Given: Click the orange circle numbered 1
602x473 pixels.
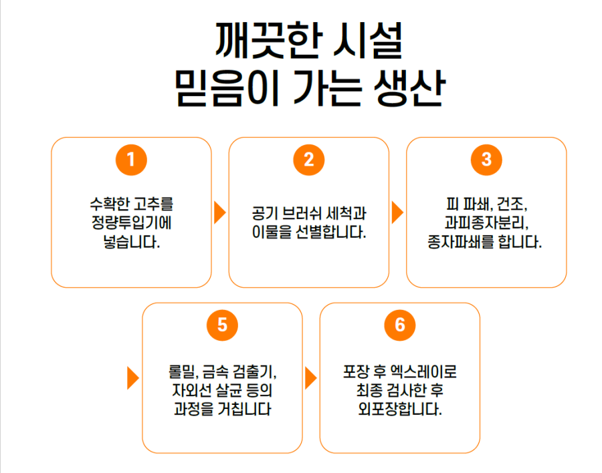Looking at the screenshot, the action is (x=131, y=160).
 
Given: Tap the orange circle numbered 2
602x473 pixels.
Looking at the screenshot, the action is (x=308, y=160).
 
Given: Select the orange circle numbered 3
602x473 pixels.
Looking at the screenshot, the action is (x=486, y=160).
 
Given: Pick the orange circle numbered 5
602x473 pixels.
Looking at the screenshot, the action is (x=222, y=325).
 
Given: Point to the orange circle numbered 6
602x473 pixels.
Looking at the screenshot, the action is (x=400, y=325).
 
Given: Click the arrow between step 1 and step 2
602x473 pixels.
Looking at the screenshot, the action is (x=220, y=212).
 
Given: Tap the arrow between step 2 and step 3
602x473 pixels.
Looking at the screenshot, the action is (x=398, y=212).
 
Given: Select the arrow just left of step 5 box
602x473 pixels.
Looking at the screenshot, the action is (x=133, y=378).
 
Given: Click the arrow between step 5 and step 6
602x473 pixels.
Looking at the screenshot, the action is (x=311, y=378).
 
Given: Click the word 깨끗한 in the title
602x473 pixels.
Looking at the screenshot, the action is (x=267, y=41).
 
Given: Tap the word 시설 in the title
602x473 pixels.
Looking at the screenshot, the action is (x=368, y=41).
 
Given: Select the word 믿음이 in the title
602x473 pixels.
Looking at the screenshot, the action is (x=227, y=88).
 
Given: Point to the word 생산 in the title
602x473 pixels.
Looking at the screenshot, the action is (x=409, y=88).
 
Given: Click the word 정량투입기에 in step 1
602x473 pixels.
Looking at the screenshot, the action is (x=131, y=222).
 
